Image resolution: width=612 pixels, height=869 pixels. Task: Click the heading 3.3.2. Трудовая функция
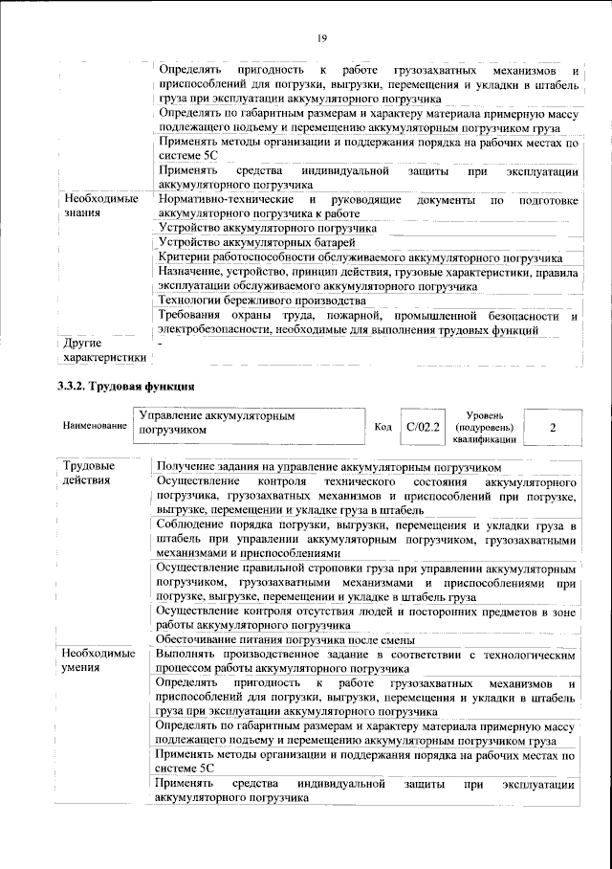(124, 388)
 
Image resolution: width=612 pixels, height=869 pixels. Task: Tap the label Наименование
(94, 424)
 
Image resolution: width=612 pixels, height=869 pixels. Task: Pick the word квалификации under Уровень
(491, 439)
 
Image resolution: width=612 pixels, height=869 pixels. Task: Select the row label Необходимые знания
(96, 206)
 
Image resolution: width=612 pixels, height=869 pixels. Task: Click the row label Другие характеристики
(103, 349)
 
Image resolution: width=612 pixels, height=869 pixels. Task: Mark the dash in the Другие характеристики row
(160, 342)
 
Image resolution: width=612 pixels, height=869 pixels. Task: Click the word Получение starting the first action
(188, 465)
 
